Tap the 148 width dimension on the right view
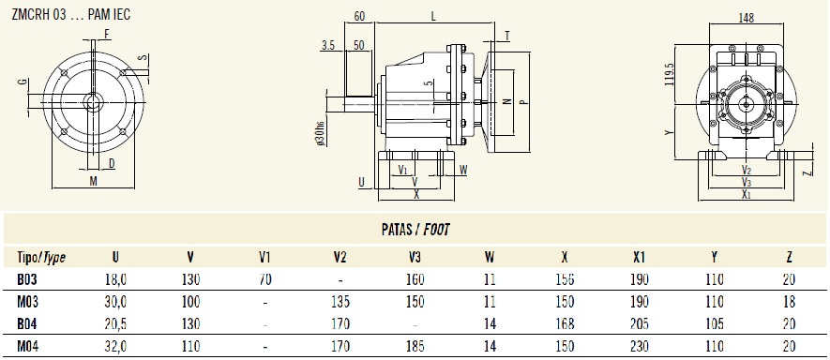click(747, 17)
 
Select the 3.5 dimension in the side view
click(327, 44)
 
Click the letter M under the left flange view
click(93, 181)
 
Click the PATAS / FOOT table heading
click(415, 229)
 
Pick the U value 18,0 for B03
click(114, 278)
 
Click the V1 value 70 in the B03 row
click(265, 278)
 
